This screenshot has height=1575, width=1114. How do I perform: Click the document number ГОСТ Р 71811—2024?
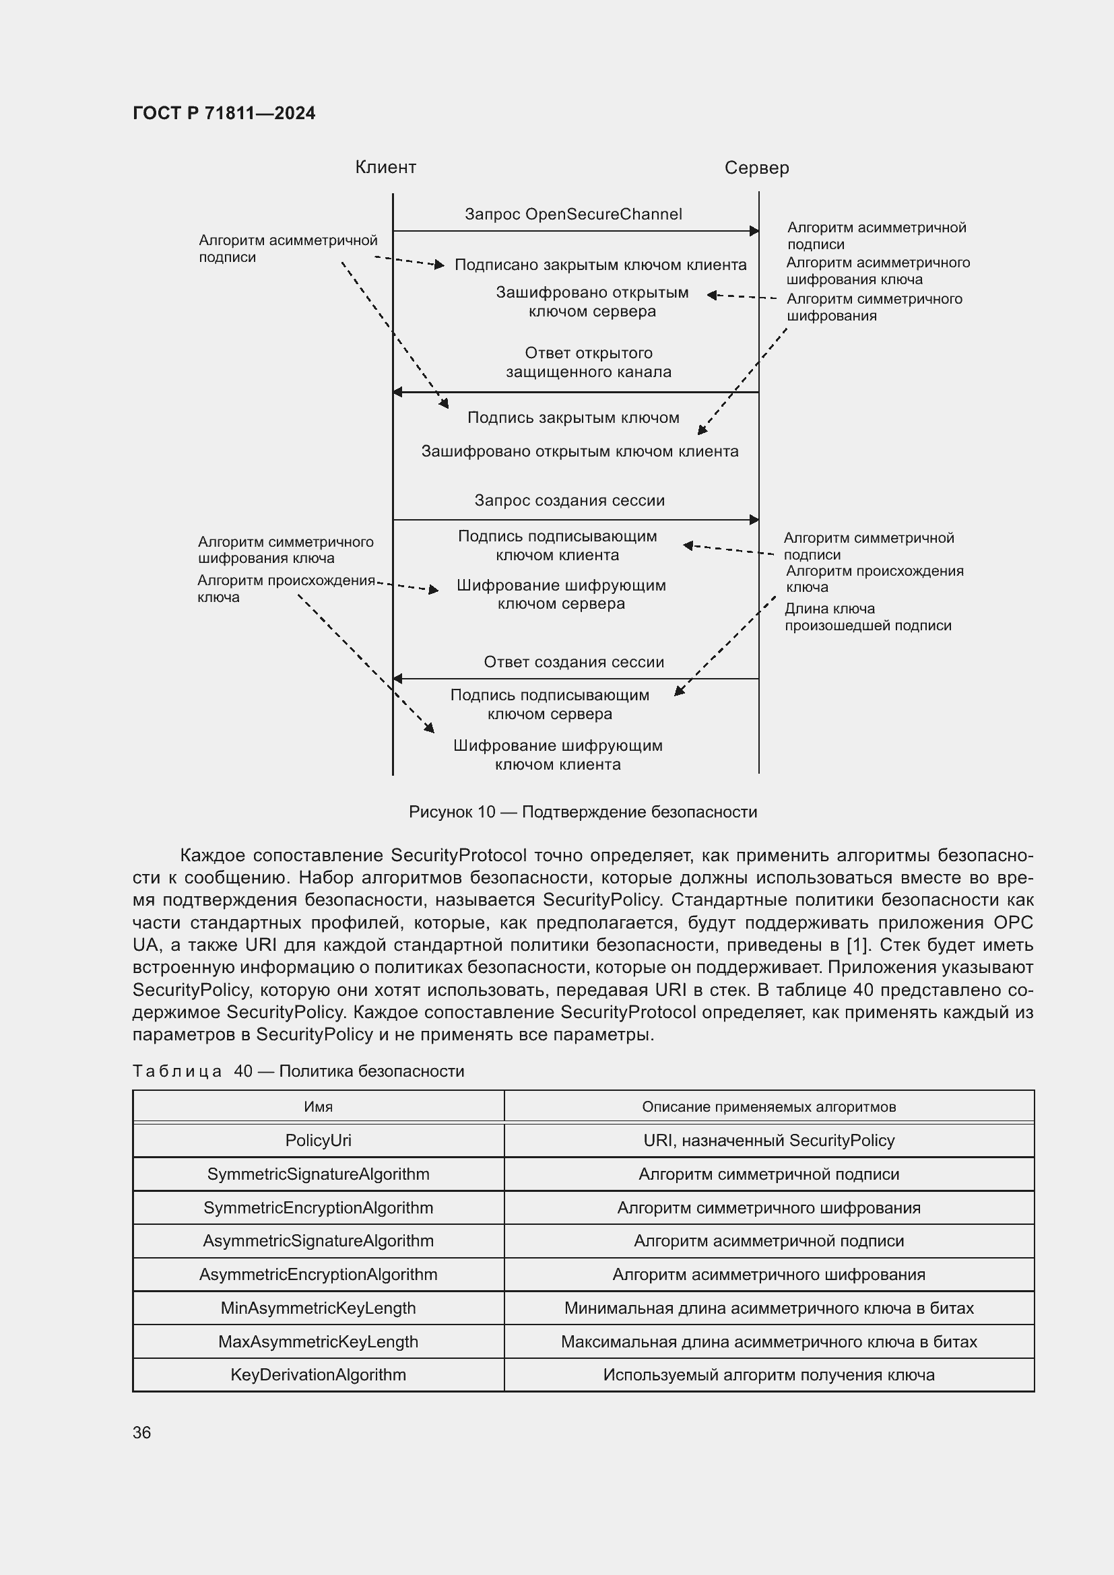(224, 113)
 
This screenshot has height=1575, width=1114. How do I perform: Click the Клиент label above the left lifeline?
(385, 168)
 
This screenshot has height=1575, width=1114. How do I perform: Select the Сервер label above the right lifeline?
(756, 168)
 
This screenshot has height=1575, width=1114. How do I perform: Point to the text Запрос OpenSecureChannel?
(573, 214)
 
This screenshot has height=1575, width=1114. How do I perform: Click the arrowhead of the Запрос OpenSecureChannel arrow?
(754, 231)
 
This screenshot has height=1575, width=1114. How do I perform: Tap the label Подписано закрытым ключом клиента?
(600, 265)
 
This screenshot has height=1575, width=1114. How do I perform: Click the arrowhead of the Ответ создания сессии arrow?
(397, 679)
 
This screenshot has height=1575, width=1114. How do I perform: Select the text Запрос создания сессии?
(569, 500)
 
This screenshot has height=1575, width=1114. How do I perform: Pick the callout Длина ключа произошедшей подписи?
(867, 617)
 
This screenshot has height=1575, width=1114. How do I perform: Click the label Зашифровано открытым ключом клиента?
(580, 451)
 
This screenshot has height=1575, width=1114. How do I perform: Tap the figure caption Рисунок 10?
(583, 811)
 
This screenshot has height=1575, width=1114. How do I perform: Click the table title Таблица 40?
(298, 1071)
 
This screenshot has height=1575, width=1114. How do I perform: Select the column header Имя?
(319, 1106)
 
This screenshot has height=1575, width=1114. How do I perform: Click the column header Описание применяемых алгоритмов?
(768, 1106)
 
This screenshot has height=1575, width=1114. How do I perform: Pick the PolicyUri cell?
(319, 1140)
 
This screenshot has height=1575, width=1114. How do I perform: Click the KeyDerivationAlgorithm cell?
(319, 1375)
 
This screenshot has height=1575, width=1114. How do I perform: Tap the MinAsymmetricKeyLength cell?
(319, 1308)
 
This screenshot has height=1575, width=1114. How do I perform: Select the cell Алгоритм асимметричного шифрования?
(768, 1274)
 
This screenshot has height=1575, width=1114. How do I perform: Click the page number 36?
(142, 1432)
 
